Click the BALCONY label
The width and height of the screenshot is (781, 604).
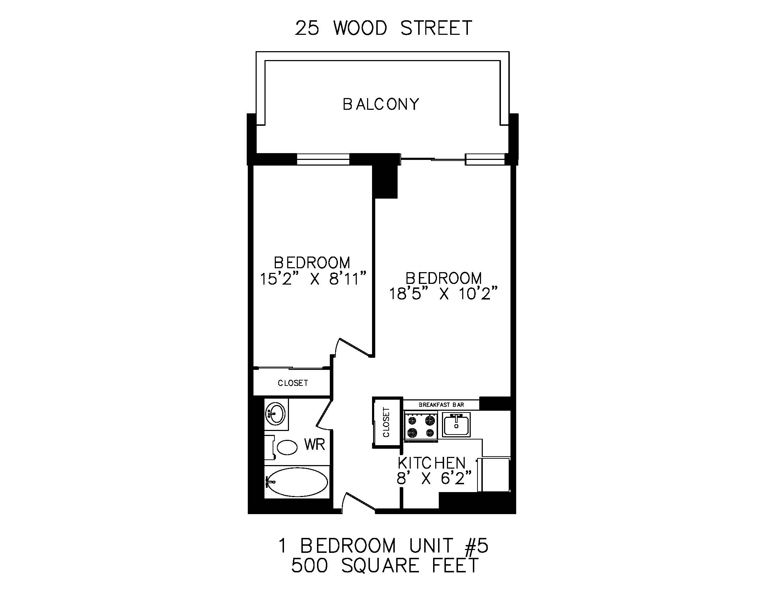[381, 104]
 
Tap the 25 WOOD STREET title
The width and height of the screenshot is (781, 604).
[383, 28]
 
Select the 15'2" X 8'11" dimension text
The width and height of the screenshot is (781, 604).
[313, 279]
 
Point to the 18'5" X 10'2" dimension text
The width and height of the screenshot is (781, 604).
[443, 294]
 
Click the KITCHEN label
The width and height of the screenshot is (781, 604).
[432, 463]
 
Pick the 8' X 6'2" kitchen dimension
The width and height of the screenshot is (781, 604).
[434, 478]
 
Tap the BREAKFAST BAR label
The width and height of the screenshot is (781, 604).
[441, 405]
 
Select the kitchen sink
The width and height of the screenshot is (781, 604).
[456, 425]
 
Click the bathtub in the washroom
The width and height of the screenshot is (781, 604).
[297, 482]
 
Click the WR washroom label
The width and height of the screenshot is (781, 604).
[314, 444]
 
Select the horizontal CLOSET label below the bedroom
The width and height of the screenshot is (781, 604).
[293, 383]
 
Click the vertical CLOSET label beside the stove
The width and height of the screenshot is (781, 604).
[386, 422]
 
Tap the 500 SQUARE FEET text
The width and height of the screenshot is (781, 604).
[385, 566]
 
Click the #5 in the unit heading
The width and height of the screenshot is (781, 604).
[476, 546]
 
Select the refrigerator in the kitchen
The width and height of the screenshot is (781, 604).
[494, 474]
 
